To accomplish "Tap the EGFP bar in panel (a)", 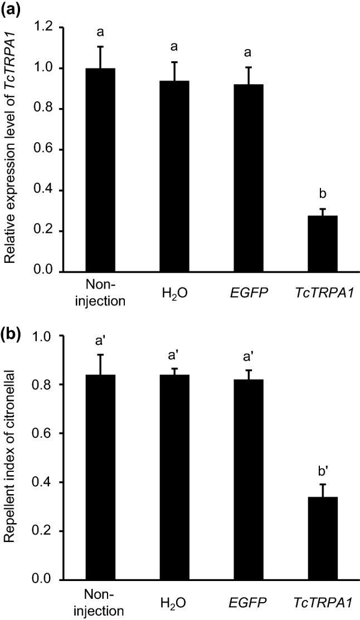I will [x=246, y=178].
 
